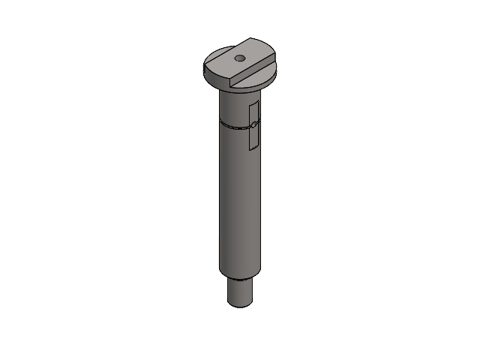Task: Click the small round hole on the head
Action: (x=239, y=57)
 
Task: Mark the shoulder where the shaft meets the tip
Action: (x=240, y=277)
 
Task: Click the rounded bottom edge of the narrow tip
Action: (x=240, y=306)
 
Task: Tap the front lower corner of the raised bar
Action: (x=230, y=81)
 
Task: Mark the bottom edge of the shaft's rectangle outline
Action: (x=253, y=149)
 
